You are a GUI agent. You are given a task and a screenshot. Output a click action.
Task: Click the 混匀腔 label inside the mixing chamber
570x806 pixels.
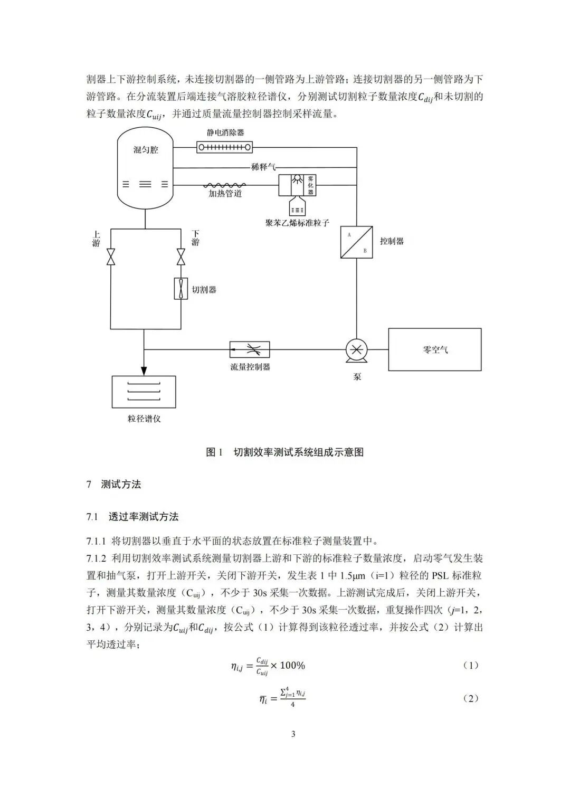pos(146,150)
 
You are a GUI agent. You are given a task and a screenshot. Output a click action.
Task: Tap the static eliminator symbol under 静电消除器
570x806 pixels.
pos(224,147)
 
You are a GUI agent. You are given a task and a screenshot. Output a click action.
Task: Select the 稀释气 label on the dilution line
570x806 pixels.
pos(263,167)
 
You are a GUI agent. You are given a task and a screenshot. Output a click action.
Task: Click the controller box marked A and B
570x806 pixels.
pos(356,242)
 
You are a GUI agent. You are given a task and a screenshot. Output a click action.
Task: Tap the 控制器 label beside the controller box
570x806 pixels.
pos(392,241)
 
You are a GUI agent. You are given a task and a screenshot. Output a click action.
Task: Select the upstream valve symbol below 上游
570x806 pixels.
pos(111,257)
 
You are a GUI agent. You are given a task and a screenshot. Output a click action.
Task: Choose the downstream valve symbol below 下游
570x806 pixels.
pos(181,257)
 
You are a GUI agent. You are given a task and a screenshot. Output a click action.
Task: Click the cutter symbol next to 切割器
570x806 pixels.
pos(181,289)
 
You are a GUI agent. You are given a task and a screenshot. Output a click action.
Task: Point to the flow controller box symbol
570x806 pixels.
pos(250,349)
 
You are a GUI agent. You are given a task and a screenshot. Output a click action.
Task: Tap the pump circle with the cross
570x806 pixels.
pos(356,349)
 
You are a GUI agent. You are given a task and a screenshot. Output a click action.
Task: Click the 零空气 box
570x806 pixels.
pos(435,349)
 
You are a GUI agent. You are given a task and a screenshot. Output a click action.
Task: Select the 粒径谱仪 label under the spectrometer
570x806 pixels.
pos(144,419)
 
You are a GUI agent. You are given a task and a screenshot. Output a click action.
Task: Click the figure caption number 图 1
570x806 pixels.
pos(215,452)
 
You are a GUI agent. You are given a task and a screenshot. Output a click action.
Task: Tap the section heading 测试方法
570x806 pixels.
pos(121,485)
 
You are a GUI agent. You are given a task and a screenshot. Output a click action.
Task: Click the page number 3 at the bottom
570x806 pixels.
pos(293,734)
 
